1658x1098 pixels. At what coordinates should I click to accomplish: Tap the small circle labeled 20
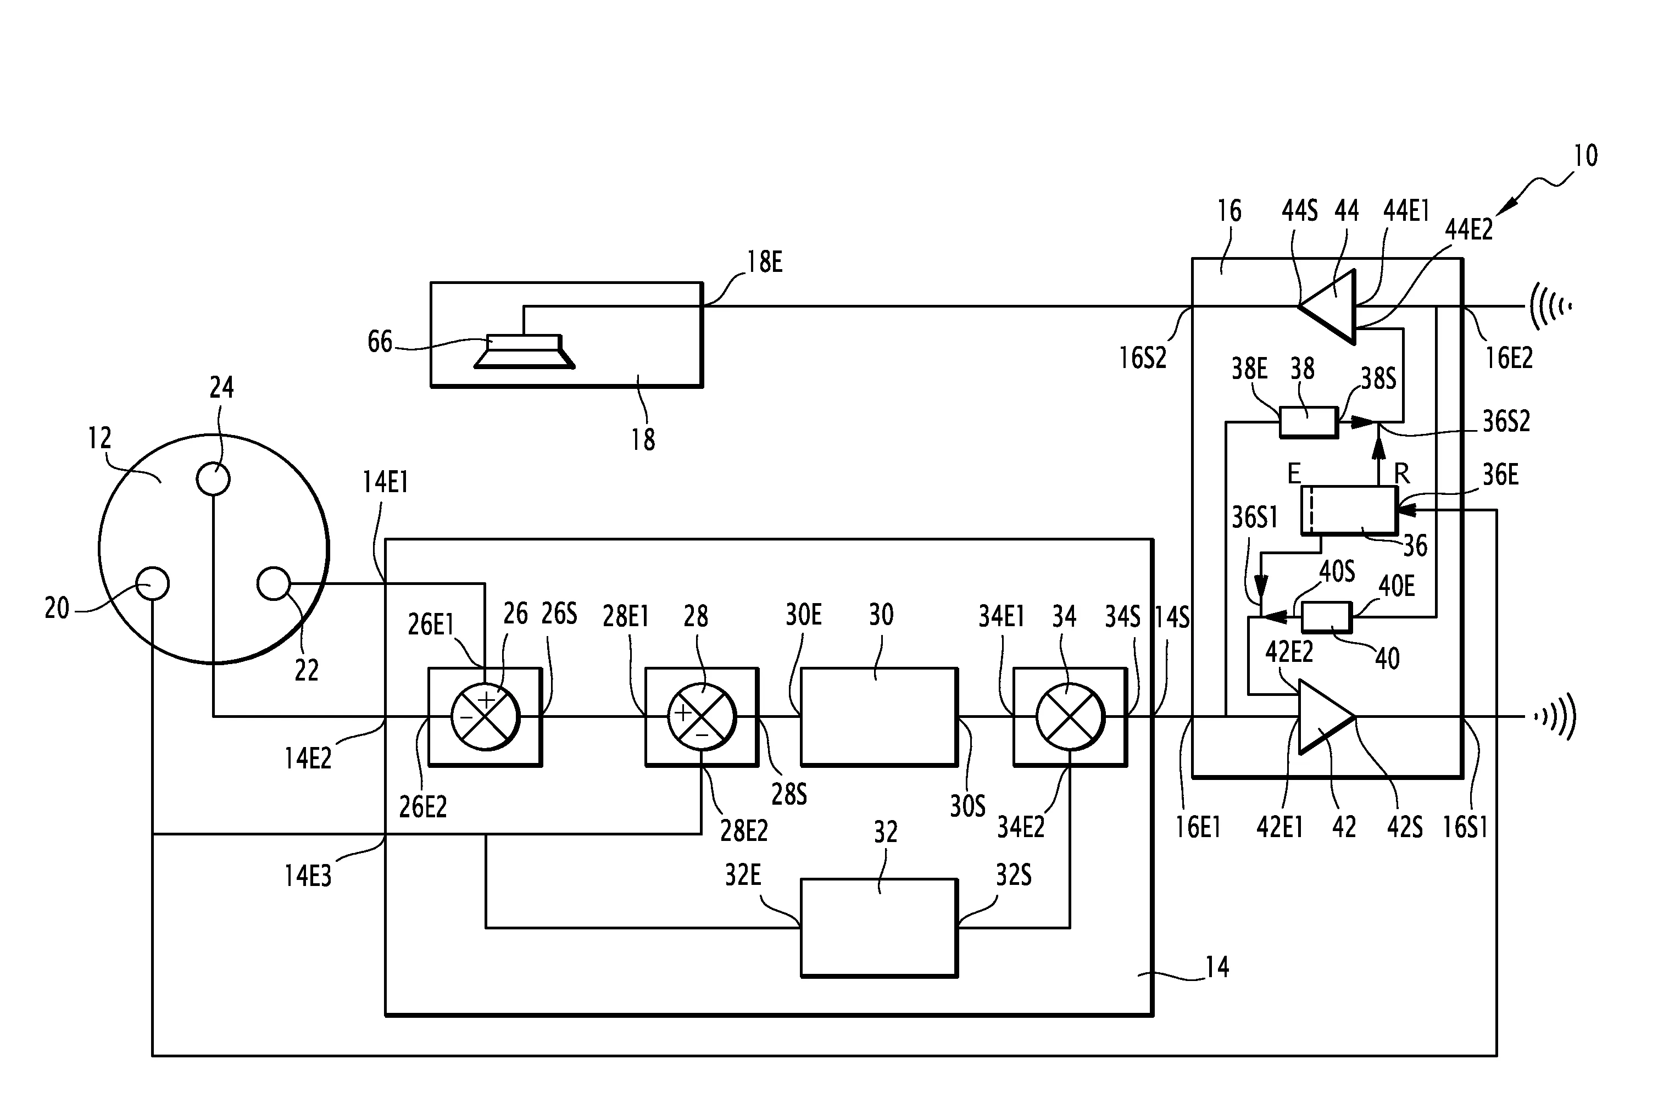[x=152, y=583]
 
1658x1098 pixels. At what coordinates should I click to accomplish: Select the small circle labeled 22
[x=274, y=583]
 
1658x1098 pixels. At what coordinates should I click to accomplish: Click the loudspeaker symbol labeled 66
[x=525, y=351]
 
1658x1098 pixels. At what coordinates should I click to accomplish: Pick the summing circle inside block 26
[x=485, y=716]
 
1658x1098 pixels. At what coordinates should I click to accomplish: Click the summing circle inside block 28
[x=702, y=716]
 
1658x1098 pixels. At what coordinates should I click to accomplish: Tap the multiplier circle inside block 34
[x=1070, y=716]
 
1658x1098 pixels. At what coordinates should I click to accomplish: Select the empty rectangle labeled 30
[x=878, y=716]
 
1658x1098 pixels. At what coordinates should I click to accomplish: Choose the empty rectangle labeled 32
[x=878, y=928]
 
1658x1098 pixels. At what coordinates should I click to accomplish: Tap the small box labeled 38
[x=1308, y=422]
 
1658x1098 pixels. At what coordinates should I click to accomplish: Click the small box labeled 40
[x=1326, y=617]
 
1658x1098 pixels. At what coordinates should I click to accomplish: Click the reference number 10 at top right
[x=1585, y=155]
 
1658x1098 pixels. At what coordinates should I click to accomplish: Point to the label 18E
[x=764, y=263]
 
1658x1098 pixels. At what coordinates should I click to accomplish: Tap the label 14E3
[x=308, y=876]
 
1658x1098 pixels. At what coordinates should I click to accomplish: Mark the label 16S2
[x=1143, y=358]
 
